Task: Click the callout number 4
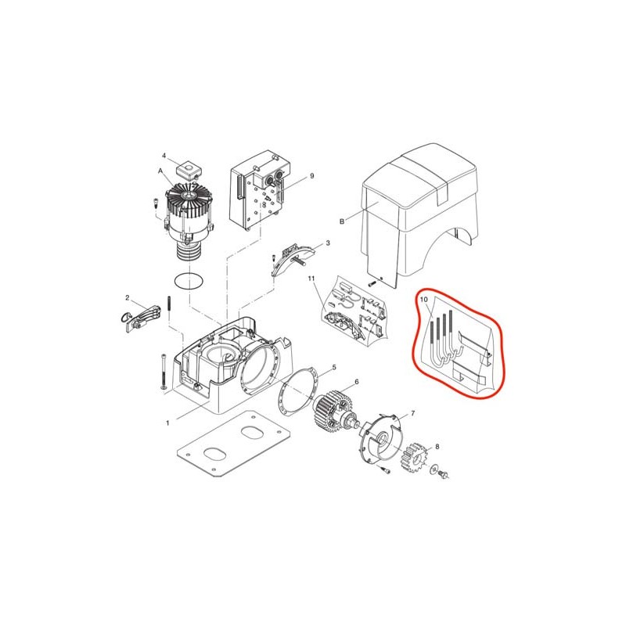tap(164, 155)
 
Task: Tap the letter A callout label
tap(160, 171)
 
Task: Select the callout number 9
tap(311, 175)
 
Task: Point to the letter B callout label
tap(342, 221)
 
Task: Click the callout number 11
tap(311, 278)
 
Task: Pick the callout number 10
tap(424, 299)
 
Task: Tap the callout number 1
tap(167, 423)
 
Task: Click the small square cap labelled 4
tap(189, 171)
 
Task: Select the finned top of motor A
tap(189, 199)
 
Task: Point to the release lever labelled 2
tap(142, 318)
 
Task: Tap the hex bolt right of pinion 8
tap(443, 474)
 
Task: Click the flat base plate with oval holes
tap(232, 444)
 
